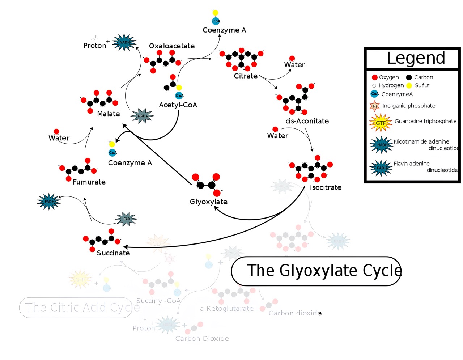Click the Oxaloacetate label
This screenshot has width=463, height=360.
pos(171,46)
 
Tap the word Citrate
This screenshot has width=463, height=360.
pos(246,76)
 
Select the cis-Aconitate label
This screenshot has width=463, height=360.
pos(307,121)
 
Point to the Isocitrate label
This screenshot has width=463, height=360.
pos(326,187)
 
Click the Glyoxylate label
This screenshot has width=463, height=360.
pos(209,202)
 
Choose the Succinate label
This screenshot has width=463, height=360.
pos(113,253)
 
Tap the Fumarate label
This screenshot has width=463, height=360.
pos(89,182)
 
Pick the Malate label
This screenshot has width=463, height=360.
pos(108,114)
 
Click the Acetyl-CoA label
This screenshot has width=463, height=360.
pos(178,105)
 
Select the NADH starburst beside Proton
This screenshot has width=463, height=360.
pos(124,43)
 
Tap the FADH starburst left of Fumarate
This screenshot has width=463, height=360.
pos(49,202)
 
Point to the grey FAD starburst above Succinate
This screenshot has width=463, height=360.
pos(127,219)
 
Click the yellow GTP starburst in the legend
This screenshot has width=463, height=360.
pos(381,123)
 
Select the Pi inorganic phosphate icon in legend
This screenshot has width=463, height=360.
pos(375,106)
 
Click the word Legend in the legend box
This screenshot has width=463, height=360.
pos(416,58)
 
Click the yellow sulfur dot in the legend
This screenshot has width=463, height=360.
pos(409,85)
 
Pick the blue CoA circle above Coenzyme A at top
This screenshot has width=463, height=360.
pos(216,21)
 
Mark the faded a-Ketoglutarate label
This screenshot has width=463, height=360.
pos(227,309)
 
